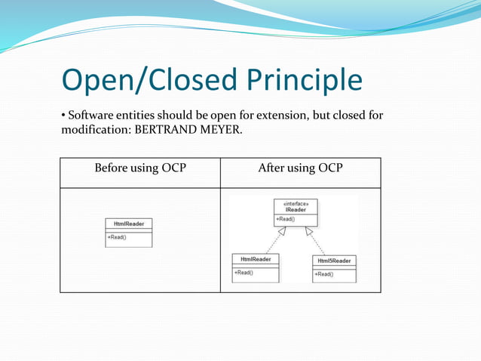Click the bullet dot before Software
pyautogui.click(x=63, y=116)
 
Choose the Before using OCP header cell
pyautogui.click(x=140, y=167)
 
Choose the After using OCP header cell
pyautogui.click(x=300, y=167)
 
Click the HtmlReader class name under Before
pyautogui.click(x=128, y=224)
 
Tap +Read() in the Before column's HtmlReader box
pyautogui.click(x=117, y=237)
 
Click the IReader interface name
pyautogui.click(x=296, y=210)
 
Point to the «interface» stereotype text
pyautogui.click(x=296, y=203)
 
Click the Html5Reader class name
pyautogui.click(x=334, y=261)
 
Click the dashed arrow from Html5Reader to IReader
pyautogui.click(x=317, y=242)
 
